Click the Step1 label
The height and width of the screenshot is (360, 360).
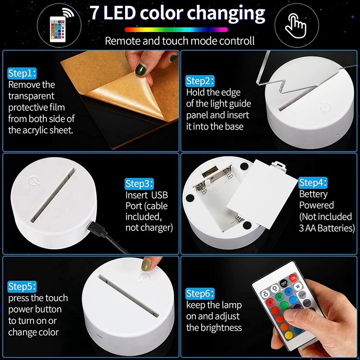(x=22, y=73)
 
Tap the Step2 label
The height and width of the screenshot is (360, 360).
(x=200, y=81)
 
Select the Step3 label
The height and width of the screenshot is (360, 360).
(x=139, y=184)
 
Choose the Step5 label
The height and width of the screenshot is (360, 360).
(x=22, y=286)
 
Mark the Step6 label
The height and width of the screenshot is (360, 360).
(x=200, y=294)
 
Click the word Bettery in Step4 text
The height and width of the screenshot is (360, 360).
(x=313, y=194)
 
